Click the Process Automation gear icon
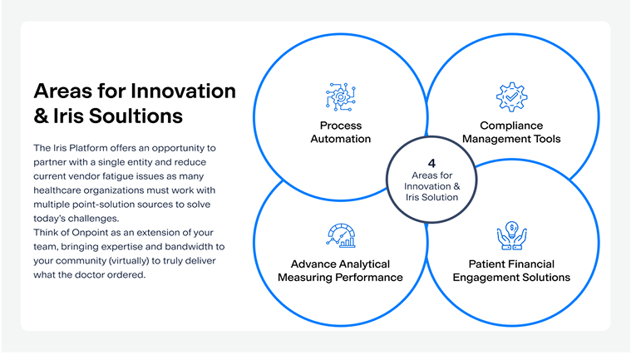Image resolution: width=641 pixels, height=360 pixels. click(x=341, y=97)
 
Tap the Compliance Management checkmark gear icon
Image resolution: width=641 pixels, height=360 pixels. click(x=511, y=97)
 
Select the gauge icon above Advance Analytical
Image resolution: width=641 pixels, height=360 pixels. click(x=341, y=235)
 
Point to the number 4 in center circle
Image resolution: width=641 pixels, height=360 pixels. click(x=431, y=163)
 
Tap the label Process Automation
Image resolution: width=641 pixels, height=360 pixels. click(x=341, y=132)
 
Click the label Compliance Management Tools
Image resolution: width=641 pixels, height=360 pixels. click(x=511, y=132)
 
